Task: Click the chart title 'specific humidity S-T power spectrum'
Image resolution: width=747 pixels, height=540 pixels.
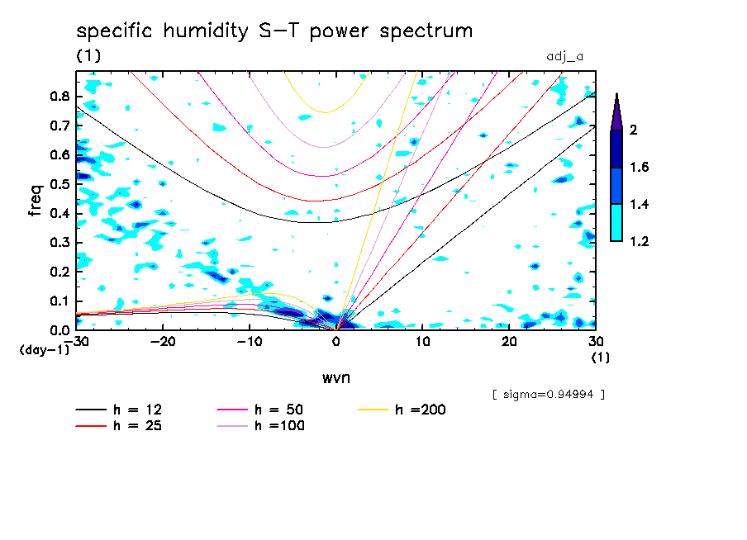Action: [274, 31]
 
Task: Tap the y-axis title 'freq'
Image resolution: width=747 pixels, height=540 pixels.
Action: [36, 201]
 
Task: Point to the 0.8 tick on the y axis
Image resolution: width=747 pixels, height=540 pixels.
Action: [58, 96]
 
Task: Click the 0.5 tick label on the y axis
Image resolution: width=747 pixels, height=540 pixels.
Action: [58, 184]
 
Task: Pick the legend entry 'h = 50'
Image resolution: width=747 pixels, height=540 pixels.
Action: [279, 410]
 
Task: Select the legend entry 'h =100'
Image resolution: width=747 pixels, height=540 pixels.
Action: [279, 426]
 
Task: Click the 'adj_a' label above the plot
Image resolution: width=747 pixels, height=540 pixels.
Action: [565, 57]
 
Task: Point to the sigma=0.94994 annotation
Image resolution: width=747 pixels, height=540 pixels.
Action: [549, 395]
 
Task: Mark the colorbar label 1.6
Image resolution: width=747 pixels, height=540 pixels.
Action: [639, 168]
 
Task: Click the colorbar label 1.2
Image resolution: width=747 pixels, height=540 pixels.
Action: [639, 242]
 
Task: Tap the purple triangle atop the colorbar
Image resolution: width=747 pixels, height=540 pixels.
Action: [616, 111]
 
